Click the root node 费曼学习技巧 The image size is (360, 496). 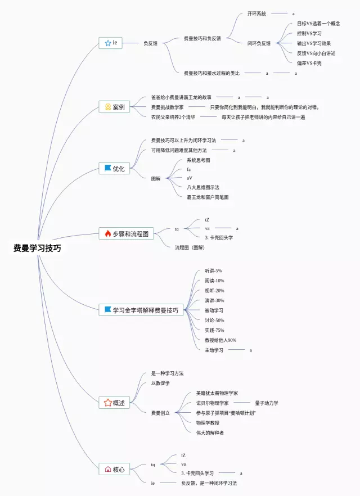tap(37, 248)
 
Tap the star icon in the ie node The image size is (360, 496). tap(107, 43)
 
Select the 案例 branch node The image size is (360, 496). tap(115, 107)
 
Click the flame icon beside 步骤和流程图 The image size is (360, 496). tap(108, 234)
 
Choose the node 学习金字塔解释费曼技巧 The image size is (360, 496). tap(141, 310)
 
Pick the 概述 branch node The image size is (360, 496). tap(115, 403)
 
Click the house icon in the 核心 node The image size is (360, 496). tap(108, 469)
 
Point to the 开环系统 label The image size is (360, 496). tap(257, 13)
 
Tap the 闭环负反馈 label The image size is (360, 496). tap(259, 43)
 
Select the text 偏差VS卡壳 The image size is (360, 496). tap(309, 63)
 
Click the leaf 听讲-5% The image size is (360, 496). tap(213, 271)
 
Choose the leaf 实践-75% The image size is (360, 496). tap(214, 330)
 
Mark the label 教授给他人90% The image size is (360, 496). tap(220, 340)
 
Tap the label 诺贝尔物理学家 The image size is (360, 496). tap(213, 403)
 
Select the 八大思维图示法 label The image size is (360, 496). tap(203, 187)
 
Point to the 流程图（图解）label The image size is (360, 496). tap(190, 247)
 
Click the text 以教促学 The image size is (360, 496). tap(160, 384)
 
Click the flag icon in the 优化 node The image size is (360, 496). tap(108, 168)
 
